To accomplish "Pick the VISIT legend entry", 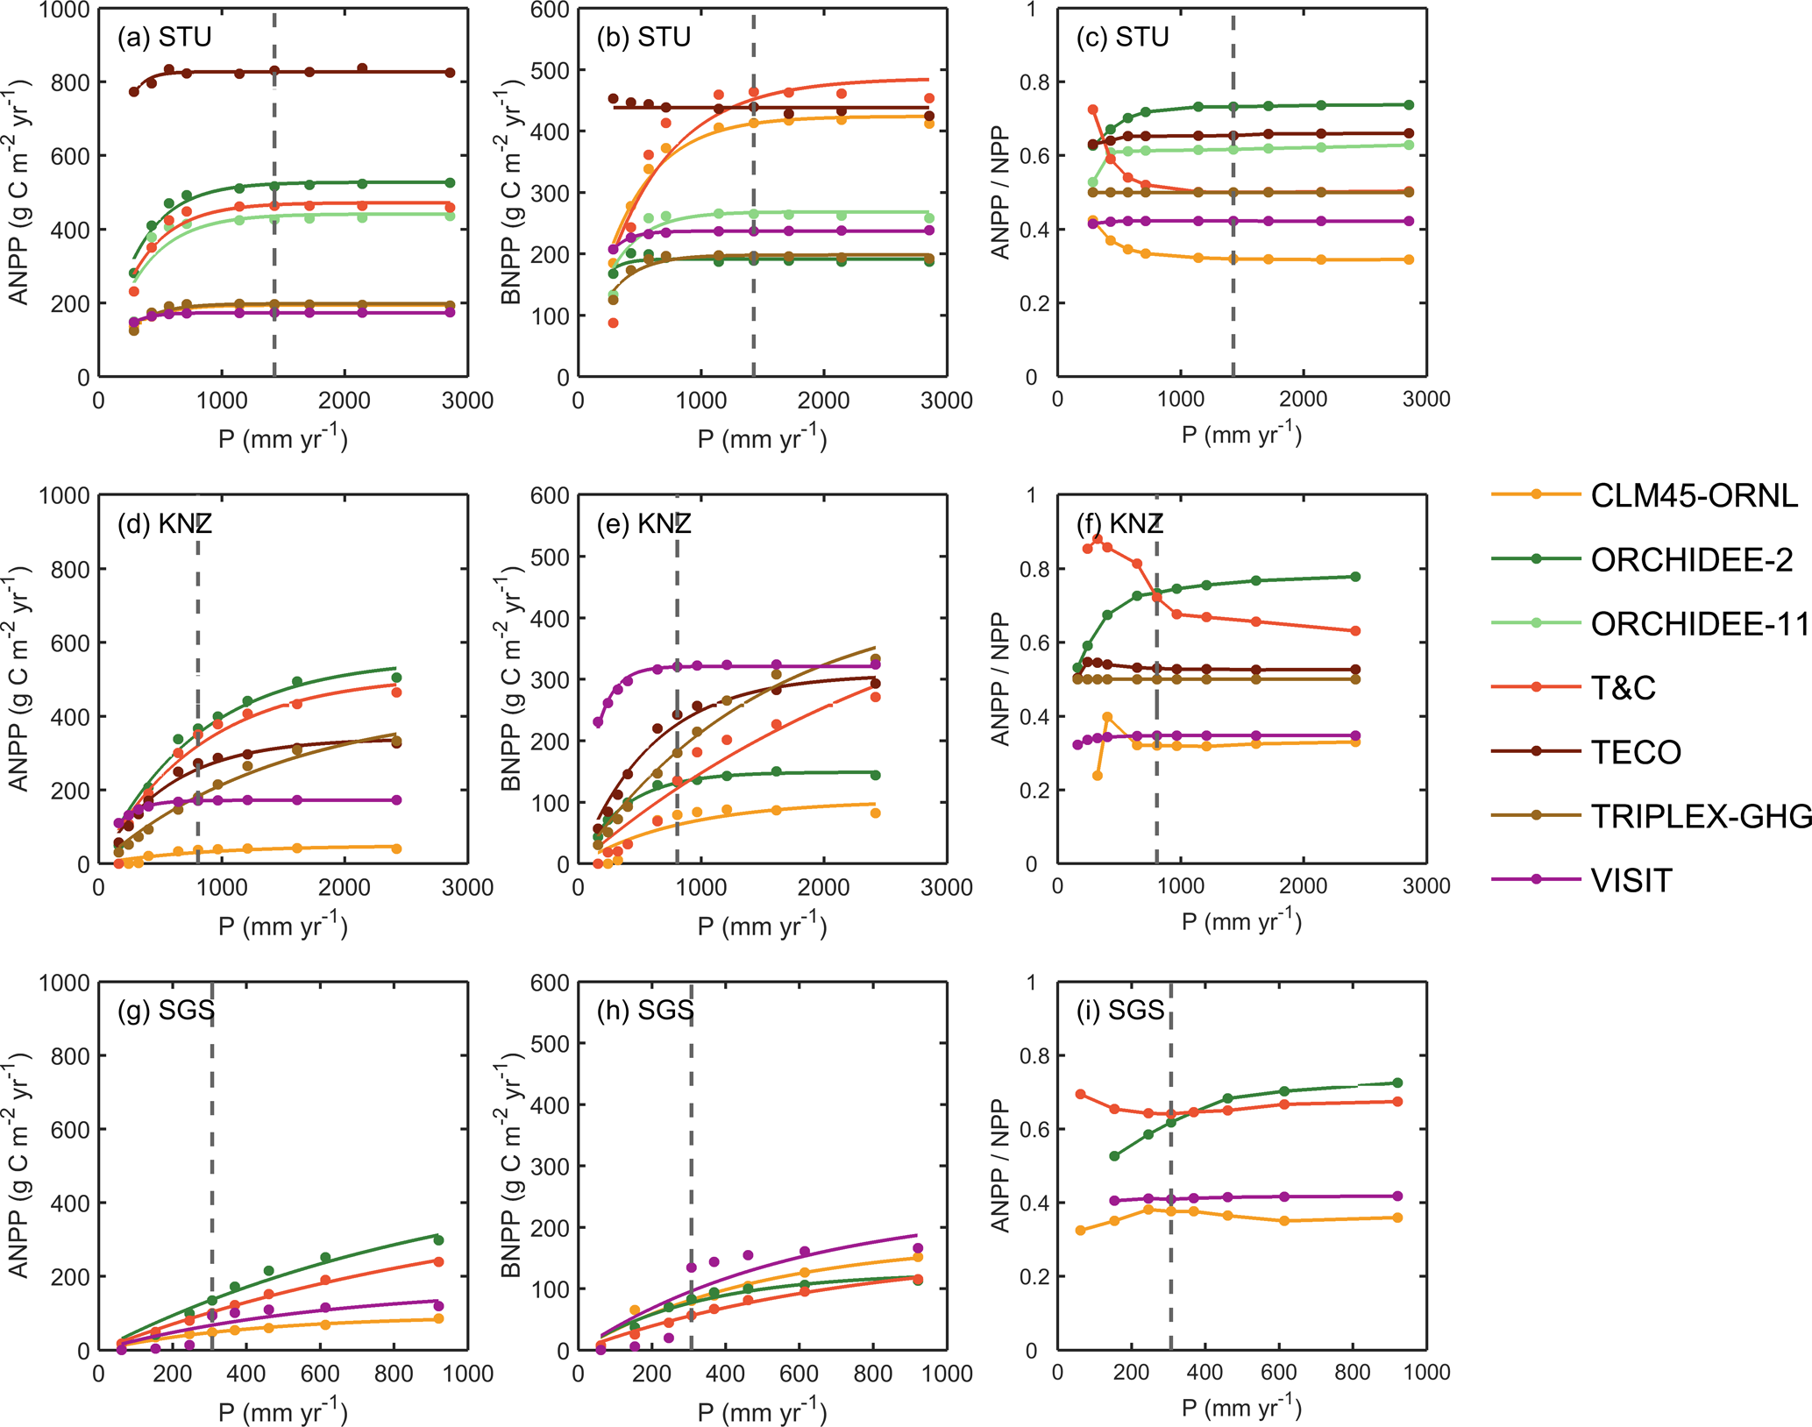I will click(x=1631, y=880).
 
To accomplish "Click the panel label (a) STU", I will click(x=164, y=37).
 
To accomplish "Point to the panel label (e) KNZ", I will click(x=643, y=524).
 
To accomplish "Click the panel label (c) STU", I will click(x=1123, y=37).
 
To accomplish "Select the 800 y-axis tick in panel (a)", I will click(x=72, y=83).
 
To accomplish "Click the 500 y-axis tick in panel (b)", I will click(x=550, y=70).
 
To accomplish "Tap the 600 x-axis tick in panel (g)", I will click(x=320, y=1374).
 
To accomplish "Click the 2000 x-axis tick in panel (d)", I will click(x=344, y=887).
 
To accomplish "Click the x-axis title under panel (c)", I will click(x=1241, y=436).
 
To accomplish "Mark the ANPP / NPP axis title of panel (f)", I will click(x=1000, y=679).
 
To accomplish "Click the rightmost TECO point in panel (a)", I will click(x=450, y=73).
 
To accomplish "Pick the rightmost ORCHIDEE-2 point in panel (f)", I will click(x=1355, y=577).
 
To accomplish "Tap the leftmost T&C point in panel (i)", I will click(x=1080, y=1094).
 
